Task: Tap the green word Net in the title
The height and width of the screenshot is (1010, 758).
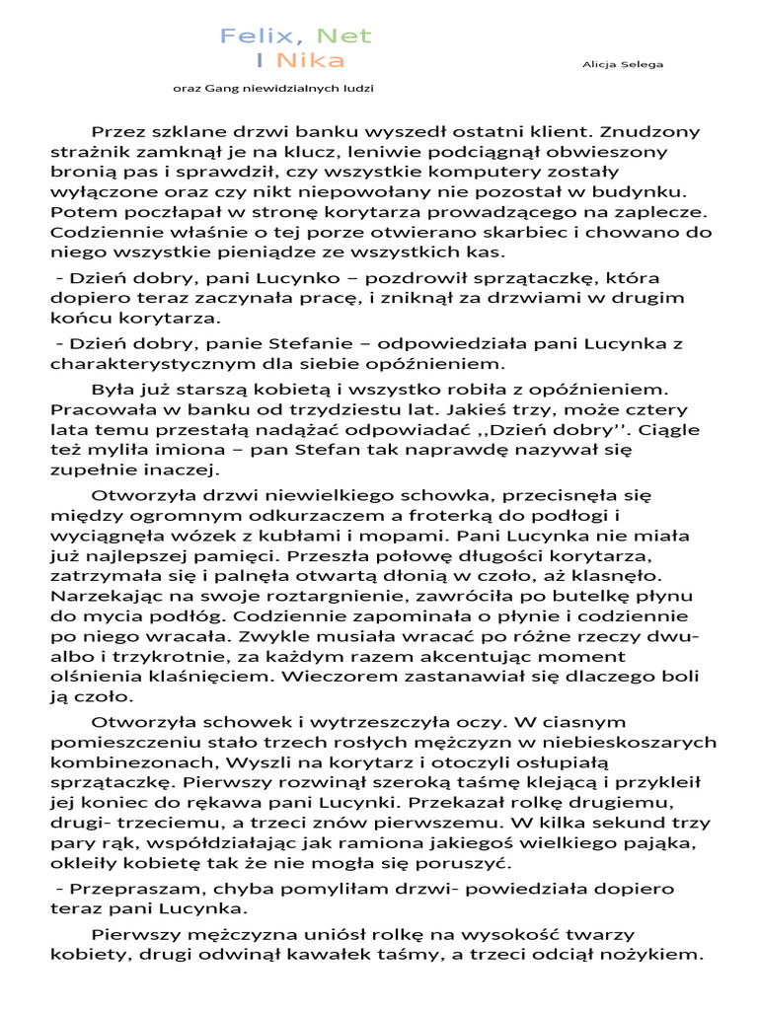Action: tap(341, 36)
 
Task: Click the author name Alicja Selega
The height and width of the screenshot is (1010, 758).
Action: tap(624, 64)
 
